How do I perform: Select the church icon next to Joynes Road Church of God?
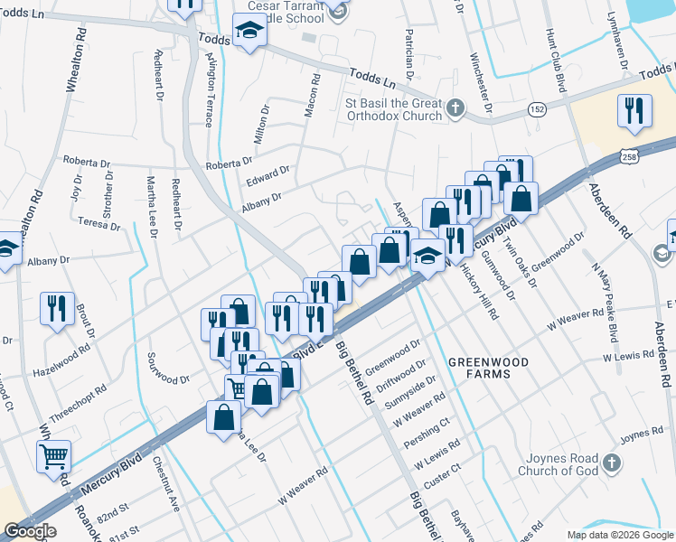pyautogui.click(x=612, y=464)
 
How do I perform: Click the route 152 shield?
pyautogui.click(x=537, y=108)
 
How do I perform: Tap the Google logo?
pyautogui.click(x=30, y=531)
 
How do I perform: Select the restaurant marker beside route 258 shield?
pyautogui.click(x=633, y=110)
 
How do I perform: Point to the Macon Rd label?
pyautogui.click(x=314, y=94)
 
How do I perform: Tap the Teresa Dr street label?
pyautogui.click(x=99, y=222)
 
